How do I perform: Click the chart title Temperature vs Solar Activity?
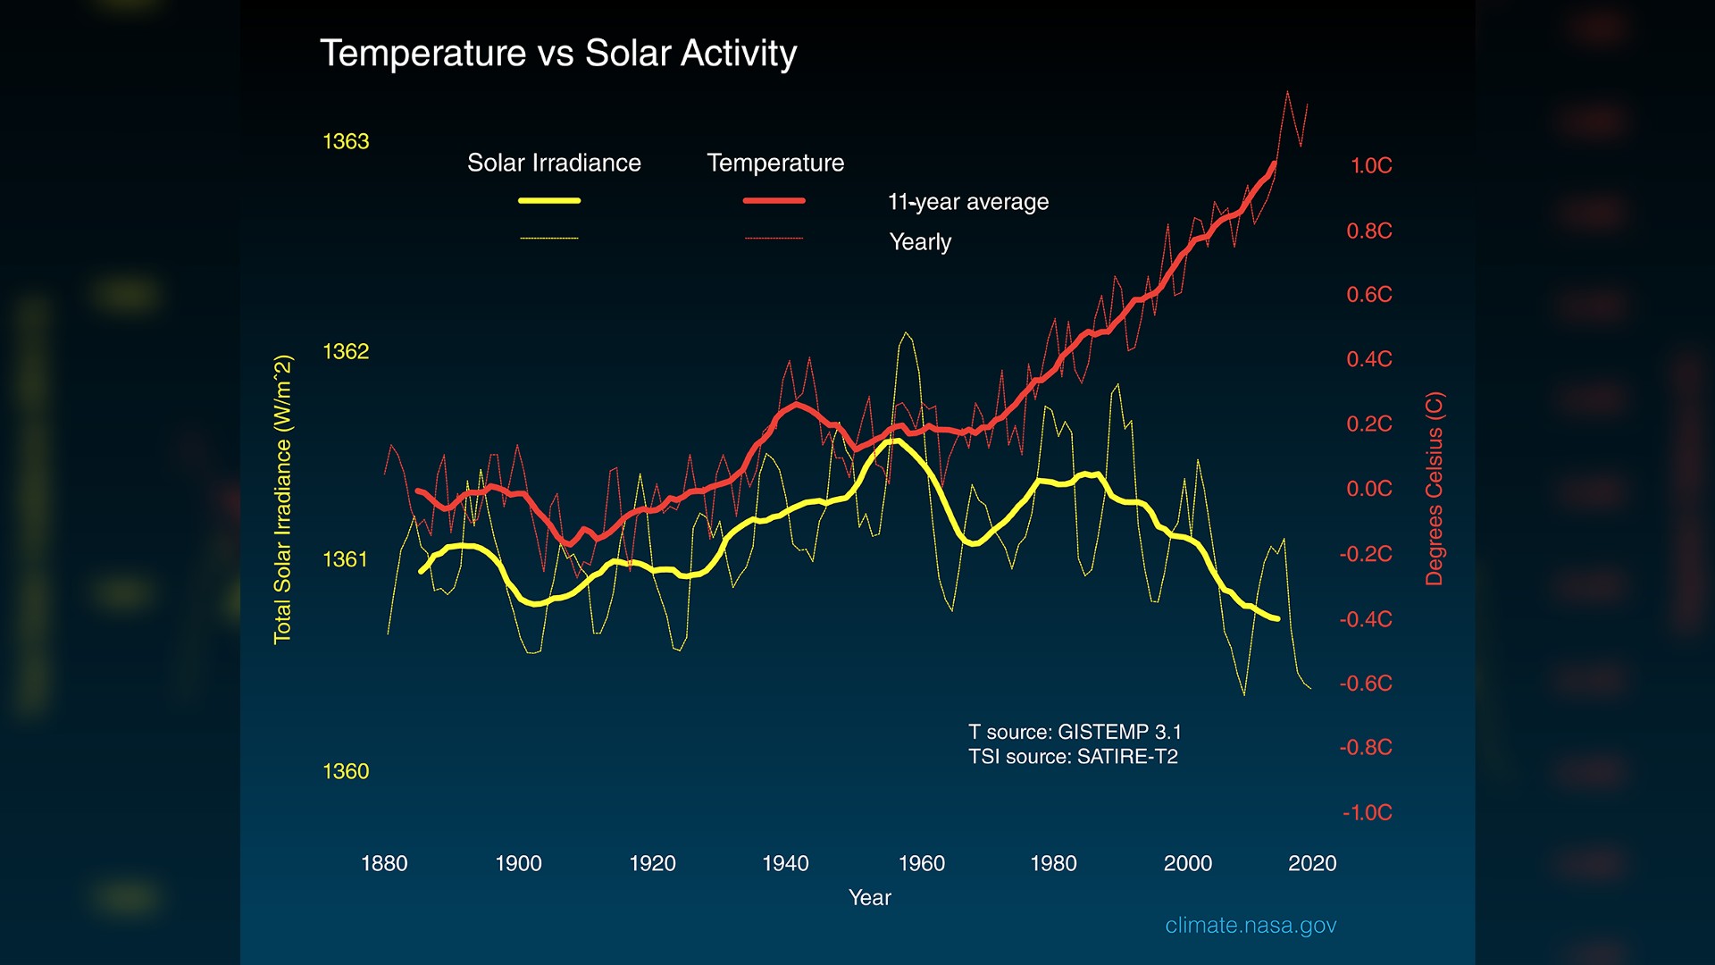[x=557, y=54]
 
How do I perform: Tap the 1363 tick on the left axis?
[x=346, y=141]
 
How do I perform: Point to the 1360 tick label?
[x=346, y=771]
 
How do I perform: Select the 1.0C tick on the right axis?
[x=1370, y=165]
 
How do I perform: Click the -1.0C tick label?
[x=1367, y=812]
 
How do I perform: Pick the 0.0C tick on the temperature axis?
[x=1368, y=489]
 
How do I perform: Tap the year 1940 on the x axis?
[x=785, y=863]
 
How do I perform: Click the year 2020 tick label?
[x=1311, y=863]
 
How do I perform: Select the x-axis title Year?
[x=869, y=897]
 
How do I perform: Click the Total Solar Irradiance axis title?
[x=282, y=499]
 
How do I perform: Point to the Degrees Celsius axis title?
[x=1434, y=489]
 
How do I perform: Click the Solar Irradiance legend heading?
[x=554, y=163]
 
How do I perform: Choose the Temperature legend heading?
[x=774, y=163]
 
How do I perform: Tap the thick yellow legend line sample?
[x=549, y=201]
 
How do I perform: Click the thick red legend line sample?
[x=774, y=201]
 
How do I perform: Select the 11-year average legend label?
[x=967, y=202]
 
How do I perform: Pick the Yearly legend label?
[x=920, y=242]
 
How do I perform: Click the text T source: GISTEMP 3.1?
[x=1075, y=732]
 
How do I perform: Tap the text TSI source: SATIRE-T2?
[x=1073, y=757]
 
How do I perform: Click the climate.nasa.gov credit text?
[x=1250, y=926]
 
